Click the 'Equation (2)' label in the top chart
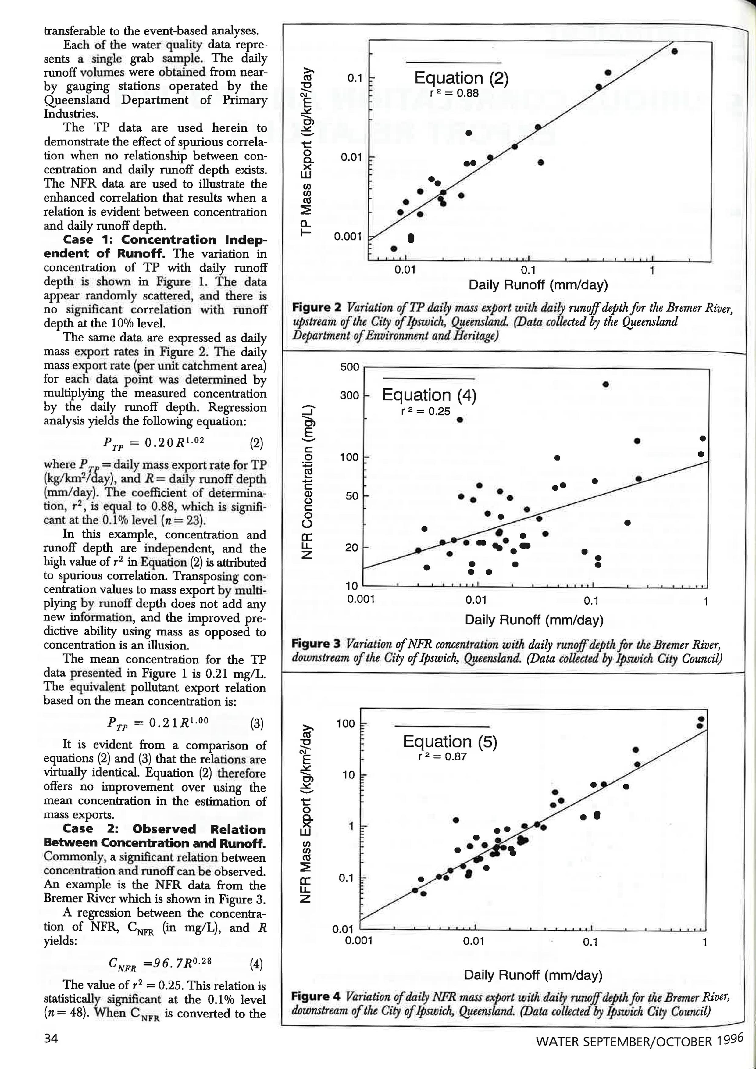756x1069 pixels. coord(461,78)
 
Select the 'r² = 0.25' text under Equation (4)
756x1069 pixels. coord(426,411)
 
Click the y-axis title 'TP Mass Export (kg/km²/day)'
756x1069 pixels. coord(306,151)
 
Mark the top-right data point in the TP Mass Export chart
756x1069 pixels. coord(675,51)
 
